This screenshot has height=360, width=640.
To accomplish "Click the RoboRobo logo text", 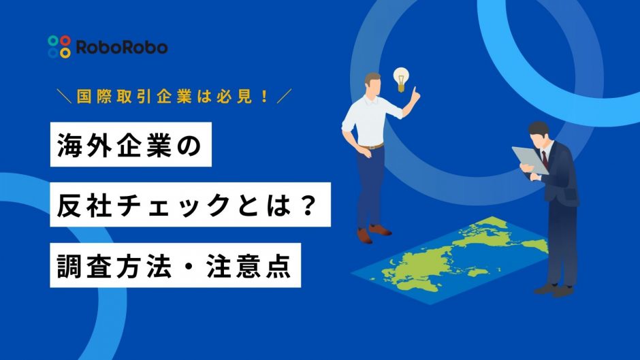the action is coord(122,48).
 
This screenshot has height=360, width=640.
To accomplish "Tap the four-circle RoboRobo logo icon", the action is coord(59,46).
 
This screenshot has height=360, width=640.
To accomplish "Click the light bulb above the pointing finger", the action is coord(401,79).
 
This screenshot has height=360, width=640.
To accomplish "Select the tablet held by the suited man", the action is coord(530,160).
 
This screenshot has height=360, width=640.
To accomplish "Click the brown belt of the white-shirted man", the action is coord(370,146).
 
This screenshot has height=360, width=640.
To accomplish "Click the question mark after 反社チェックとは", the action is coord(308,205).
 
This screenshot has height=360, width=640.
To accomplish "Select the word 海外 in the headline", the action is coord(85,145).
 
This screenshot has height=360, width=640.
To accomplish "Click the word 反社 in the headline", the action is coord(84,205).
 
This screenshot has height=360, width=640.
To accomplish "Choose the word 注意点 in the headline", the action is coord(249,265).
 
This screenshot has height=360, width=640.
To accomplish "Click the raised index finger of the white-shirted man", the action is coord(415,93).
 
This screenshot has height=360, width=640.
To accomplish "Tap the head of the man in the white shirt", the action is coord(372,84).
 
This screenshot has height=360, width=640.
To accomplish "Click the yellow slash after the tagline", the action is coord(284,97).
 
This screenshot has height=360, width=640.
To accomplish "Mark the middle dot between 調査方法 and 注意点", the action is coord(189,266).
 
